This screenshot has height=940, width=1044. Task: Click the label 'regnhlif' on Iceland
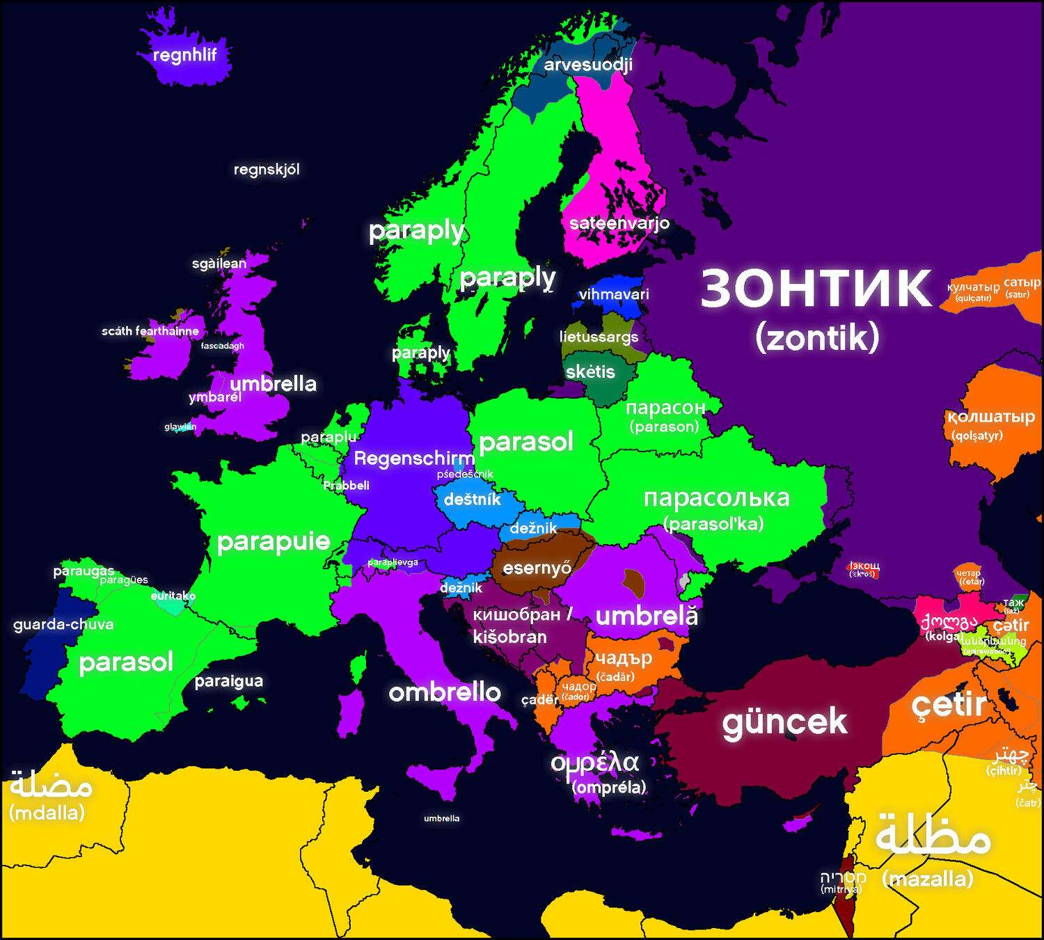(x=184, y=55)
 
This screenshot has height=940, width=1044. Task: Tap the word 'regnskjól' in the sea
(x=267, y=169)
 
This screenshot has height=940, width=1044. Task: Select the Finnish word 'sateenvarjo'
(x=619, y=223)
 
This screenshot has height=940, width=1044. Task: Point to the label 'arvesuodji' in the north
(x=588, y=65)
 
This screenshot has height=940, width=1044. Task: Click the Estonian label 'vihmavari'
(x=613, y=294)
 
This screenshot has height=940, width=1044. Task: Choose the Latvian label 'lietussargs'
(x=599, y=337)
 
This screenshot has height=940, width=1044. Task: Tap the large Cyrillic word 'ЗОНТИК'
(x=815, y=289)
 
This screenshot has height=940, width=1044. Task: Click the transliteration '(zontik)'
(x=817, y=338)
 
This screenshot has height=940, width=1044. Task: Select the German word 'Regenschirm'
(x=414, y=459)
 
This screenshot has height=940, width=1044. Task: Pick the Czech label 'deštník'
(x=472, y=499)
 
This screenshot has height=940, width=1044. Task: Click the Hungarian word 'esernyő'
(x=537, y=568)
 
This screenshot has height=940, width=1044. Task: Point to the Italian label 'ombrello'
(x=444, y=692)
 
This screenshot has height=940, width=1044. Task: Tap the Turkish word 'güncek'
(x=784, y=722)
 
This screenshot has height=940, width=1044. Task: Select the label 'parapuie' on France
(x=274, y=541)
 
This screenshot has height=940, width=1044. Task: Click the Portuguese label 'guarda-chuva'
(x=63, y=624)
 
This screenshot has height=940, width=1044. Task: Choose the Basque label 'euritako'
(x=173, y=596)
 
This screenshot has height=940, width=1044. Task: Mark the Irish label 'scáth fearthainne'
(x=150, y=331)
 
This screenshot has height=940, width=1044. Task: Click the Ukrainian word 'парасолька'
(x=716, y=498)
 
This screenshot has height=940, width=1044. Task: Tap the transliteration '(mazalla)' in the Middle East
(x=927, y=879)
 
